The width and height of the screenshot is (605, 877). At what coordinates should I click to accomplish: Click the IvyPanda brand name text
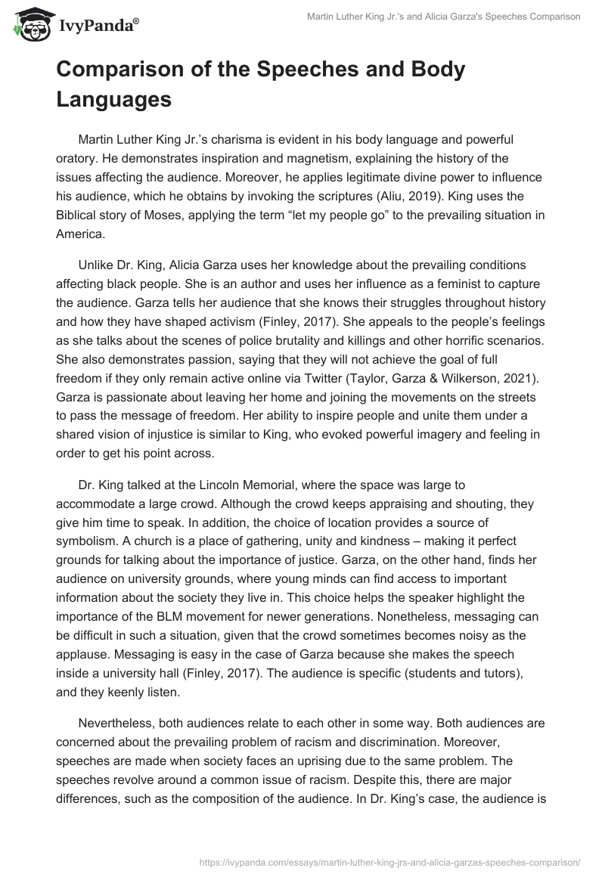pyautogui.click(x=98, y=25)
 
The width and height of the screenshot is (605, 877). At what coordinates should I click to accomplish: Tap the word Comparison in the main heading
pyautogui.click(x=121, y=70)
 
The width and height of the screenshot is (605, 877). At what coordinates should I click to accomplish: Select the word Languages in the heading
pyautogui.click(x=113, y=98)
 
